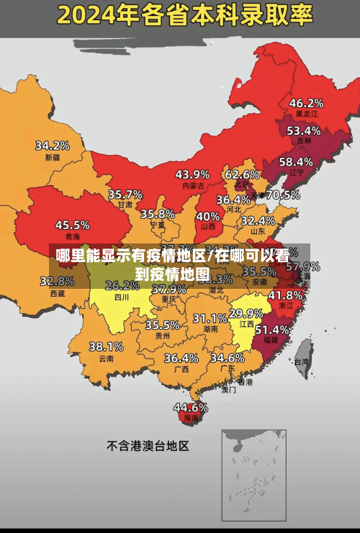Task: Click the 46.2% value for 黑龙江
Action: coord(306,103)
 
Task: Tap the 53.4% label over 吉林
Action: coord(303,131)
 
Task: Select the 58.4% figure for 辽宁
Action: coord(296,162)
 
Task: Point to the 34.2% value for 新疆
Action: coord(53,145)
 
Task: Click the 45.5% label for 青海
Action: coord(73,225)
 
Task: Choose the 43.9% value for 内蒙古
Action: coord(192,174)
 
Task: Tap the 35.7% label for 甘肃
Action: coord(125,194)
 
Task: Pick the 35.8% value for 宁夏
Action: coord(158,214)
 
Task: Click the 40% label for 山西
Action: coord(208,216)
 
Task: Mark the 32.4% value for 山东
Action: coord(258,220)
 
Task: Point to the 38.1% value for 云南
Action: coord(106,347)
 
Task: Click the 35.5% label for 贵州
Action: coord(162,325)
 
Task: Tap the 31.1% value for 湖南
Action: coord(210,318)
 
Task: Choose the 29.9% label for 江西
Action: coord(246,314)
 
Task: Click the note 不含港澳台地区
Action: coord(148,446)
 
